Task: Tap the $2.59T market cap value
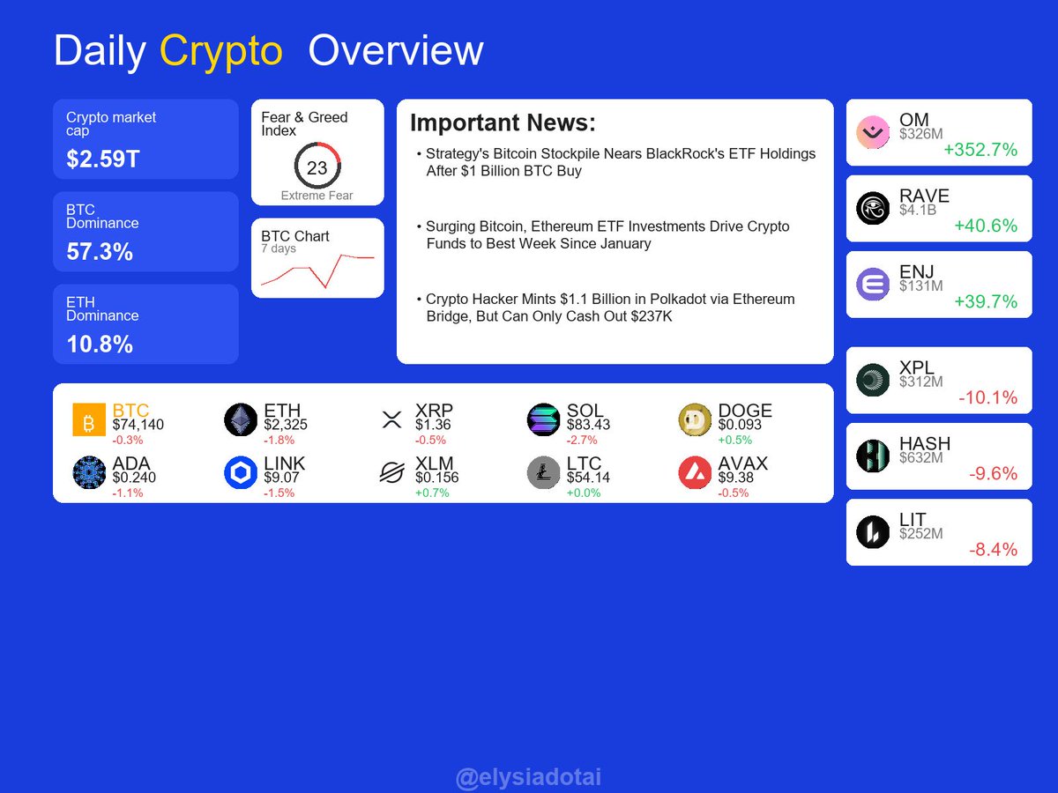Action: click(x=103, y=159)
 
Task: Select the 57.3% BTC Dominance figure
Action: click(x=100, y=251)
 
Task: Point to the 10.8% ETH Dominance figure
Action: click(x=100, y=344)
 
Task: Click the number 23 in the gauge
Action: click(x=317, y=168)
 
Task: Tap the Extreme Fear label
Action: click(x=317, y=196)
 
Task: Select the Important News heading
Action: click(x=503, y=122)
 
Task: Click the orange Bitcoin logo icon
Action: click(x=89, y=419)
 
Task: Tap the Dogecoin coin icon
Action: click(x=695, y=419)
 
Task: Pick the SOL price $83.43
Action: click(x=588, y=425)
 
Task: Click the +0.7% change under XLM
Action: click(x=432, y=493)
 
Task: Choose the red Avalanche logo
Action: click(x=695, y=472)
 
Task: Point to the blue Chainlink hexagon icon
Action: click(x=241, y=472)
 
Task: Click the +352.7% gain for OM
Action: click(x=980, y=150)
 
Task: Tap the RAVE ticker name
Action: click(x=924, y=196)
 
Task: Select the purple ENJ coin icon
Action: click(x=873, y=284)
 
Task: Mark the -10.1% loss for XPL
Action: click(x=987, y=397)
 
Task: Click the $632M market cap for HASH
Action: click(x=920, y=458)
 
